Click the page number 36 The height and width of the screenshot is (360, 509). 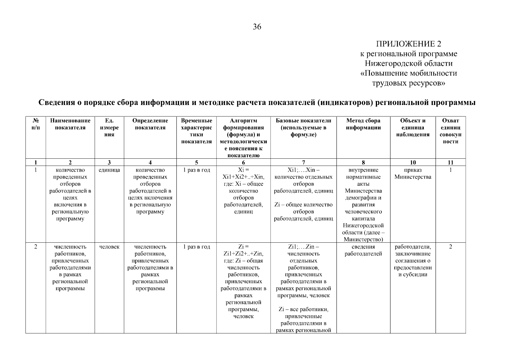tap(257, 27)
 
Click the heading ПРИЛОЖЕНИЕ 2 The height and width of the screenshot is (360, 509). tap(409, 44)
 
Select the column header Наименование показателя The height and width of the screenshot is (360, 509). tap(70, 124)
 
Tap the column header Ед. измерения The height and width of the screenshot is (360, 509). tap(109, 127)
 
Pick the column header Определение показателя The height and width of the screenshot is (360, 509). tap(150, 124)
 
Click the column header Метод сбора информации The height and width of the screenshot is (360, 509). tap(363, 124)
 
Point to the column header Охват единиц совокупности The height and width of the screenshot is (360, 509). tap(450, 131)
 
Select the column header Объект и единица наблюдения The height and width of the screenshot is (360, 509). tap(413, 127)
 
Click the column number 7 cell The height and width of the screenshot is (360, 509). tap(303, 163)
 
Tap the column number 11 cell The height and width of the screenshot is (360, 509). tap(450, 163)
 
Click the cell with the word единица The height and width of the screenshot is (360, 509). tap(109, 170)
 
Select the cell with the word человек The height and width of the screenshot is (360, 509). tap(109, 247)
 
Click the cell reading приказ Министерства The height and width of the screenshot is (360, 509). tap(413, 173)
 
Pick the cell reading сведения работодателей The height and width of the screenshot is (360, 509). tap(363, 250)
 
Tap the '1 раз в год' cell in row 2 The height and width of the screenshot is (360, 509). tap(196, 247)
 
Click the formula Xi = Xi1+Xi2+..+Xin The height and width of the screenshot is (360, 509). tap(243, 173)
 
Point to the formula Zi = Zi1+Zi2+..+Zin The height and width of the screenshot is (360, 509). tap(243, 250)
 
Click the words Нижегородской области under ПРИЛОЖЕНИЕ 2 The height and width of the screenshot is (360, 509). tap(409, 64)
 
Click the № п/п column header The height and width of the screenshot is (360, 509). tap(35, 124)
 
